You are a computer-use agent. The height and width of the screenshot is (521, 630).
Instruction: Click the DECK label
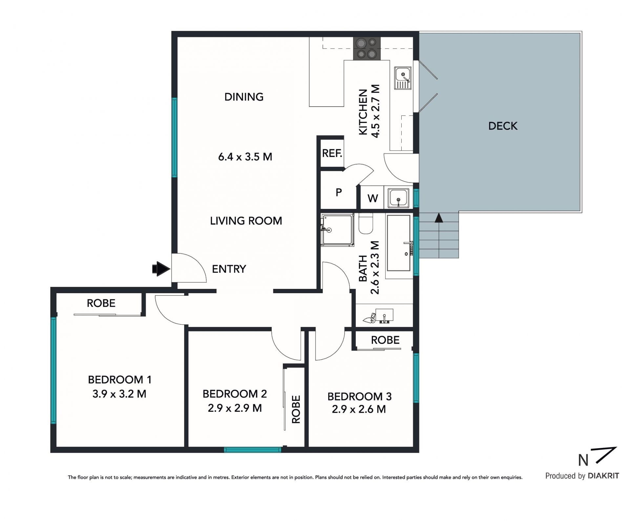pyautogui.click(x=503, y=126)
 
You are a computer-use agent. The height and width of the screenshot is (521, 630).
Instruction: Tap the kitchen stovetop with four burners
pyautogui.click(x=367, y=49)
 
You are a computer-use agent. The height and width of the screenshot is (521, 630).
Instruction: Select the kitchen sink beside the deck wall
pyautogui.click(x=403, y=78)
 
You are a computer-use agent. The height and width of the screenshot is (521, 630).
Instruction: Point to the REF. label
pyautogui.click(x=332, y=153)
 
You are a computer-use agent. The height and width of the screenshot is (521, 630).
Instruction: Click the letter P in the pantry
pyautogui.click(x=339, y=192)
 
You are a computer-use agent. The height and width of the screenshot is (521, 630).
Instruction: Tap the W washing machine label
pyautogui.click(x=373, y=198)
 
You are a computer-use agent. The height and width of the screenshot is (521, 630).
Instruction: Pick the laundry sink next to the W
pyautogui.click(x=399, y=198)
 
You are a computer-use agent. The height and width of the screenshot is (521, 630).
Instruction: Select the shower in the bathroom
pyautogui.click(x=338, y=230)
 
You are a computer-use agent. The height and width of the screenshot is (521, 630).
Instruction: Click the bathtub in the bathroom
pyautogui.click(x=399, y=243)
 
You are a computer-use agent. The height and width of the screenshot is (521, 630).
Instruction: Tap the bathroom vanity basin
pyautogui.click(x=384, y=316)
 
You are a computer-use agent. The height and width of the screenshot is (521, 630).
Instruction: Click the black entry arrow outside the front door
pyautogui.click(x=161, y=269)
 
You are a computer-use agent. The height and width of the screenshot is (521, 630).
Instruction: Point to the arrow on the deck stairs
pyautogui.click(x=438, y=218)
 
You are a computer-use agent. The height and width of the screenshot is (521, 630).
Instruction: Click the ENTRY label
pyautogui.click(x=229, y=269)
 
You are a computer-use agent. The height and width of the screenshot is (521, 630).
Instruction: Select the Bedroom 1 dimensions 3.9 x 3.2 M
pyautogui.click(x=119, y=394)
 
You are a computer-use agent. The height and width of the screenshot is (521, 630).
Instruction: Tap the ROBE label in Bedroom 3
pyautogui.click(x=385, y=340)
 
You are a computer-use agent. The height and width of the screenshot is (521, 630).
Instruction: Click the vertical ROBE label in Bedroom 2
pyautogui.click(x=296, y=410)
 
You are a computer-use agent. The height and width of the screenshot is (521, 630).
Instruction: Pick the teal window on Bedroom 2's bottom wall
pyautogui.click(x=253, y=450)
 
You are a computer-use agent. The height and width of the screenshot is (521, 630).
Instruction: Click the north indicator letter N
pyautogui.click(x=583, y=460)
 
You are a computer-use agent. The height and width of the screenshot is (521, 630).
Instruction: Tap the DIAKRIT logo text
pyautogui.click(x=603, y=476)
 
